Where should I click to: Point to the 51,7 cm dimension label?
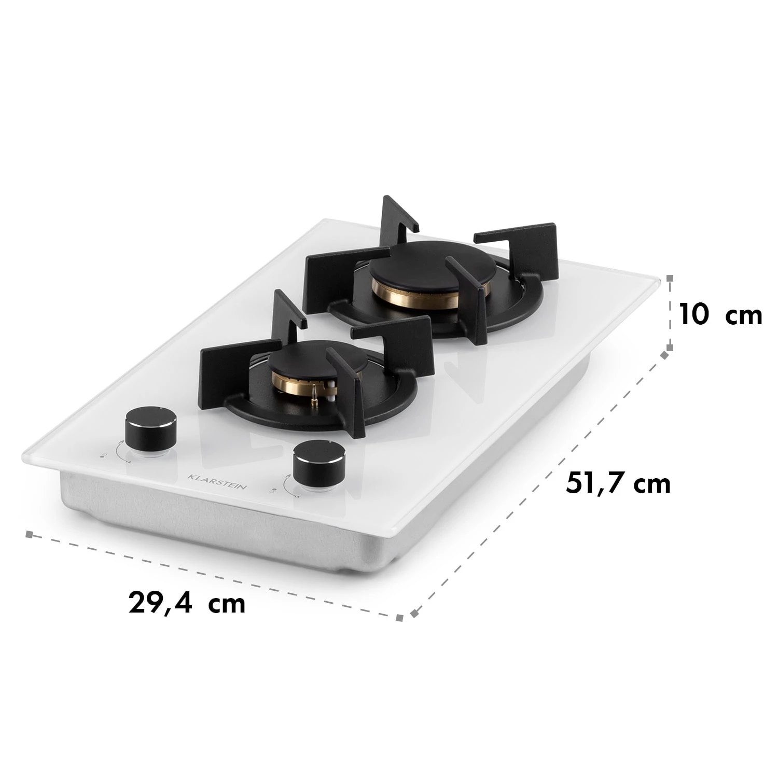pyautogui.click(x=618, y=483)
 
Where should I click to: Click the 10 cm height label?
pyautogui.click(x=720, y=314)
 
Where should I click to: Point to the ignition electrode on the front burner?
pyautogui.click(x=315, y=393)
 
